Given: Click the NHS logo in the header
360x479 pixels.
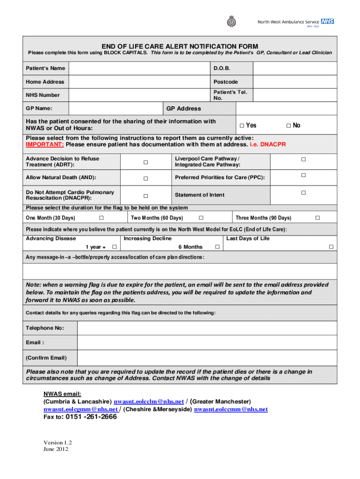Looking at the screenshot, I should (x=328, y=22).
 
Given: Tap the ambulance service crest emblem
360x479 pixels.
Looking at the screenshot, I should (x=230, y=22).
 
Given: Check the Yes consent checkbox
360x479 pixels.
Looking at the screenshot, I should (x=242, y=125).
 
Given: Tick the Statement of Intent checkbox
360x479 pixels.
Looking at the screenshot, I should (x=303, y=193).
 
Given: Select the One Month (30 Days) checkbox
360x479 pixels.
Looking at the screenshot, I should (x=101, y=218).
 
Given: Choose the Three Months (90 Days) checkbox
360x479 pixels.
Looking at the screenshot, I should (x=317, y=218).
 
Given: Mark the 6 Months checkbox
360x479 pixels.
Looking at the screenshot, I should (x=216, y=247).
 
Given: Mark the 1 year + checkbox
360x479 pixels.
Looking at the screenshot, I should (x=114, y=247).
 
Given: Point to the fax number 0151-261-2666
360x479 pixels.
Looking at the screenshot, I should (x=91, y=417).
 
